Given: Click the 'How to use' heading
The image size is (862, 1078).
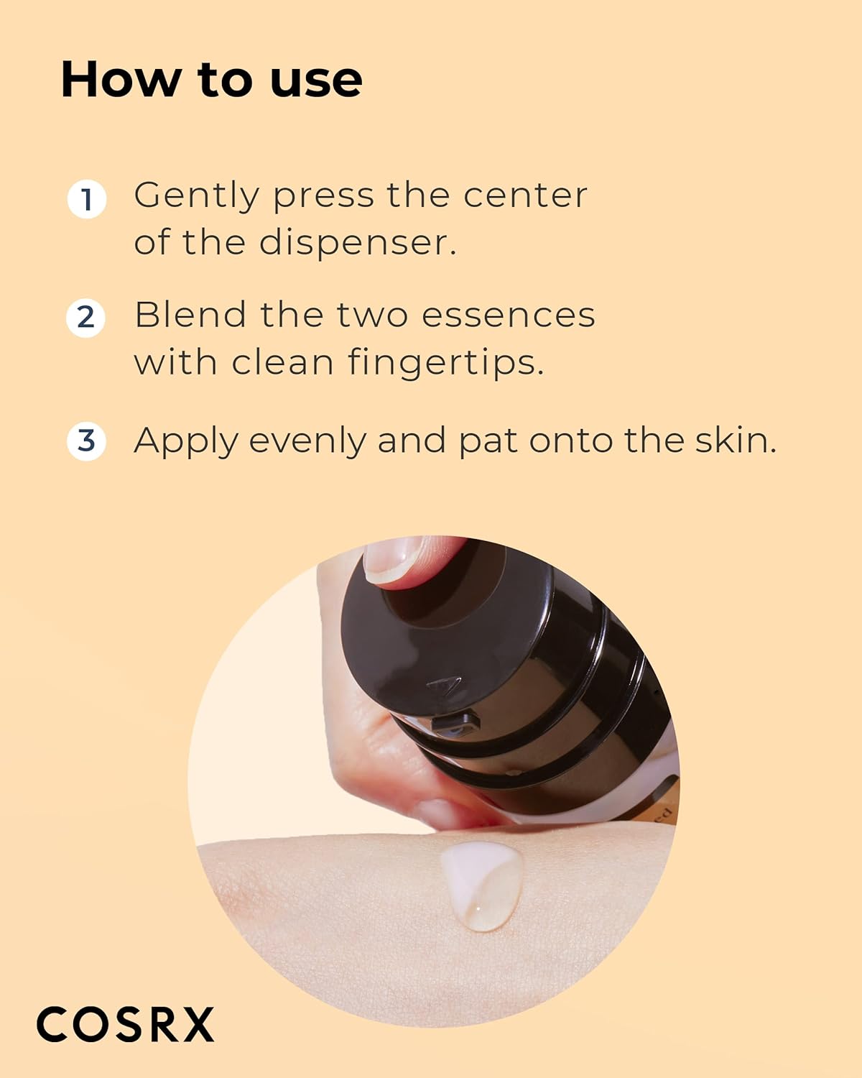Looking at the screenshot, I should click(211, 79).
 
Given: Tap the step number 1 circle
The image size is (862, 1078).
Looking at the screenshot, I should click(87, 199).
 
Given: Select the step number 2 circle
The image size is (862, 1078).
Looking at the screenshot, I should click(86, 318).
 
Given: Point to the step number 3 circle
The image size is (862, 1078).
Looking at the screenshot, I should click(86, 441).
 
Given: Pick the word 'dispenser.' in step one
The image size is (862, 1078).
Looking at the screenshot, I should click(357, 242).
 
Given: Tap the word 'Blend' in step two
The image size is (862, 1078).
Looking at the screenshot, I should click(190, 315).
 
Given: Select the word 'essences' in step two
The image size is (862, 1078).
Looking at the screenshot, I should click(508, 315).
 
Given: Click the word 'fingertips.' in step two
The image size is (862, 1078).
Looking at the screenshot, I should click(445, 362).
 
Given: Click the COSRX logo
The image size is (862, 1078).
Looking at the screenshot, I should click(126, 1024).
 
